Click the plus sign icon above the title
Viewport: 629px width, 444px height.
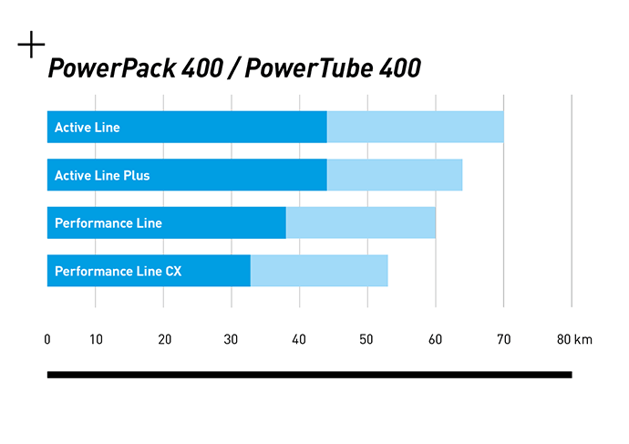pos(31,45)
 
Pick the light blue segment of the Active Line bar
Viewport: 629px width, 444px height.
pos(415,128)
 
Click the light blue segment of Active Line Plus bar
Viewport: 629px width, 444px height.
pos(394,175)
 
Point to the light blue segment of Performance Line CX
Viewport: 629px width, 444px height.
pos(318,271)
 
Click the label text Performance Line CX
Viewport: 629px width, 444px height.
pos(118,271)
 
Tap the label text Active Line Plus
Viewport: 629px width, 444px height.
pos(101,175)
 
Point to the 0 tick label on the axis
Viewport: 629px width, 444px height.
pos(47,340)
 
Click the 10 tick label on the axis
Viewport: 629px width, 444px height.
pos(96,340)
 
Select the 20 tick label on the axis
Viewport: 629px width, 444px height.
pos(164,340)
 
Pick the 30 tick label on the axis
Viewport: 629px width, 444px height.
pos(232,340)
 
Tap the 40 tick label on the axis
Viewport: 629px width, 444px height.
pos(300,340)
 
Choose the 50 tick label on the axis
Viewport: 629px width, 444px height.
pos(367,340)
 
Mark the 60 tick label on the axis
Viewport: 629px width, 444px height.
pos(436,340)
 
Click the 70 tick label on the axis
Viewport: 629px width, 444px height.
pos(503,340)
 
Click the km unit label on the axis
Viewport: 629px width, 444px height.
pos(584,340)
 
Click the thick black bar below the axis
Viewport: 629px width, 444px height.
pos(309,374)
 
